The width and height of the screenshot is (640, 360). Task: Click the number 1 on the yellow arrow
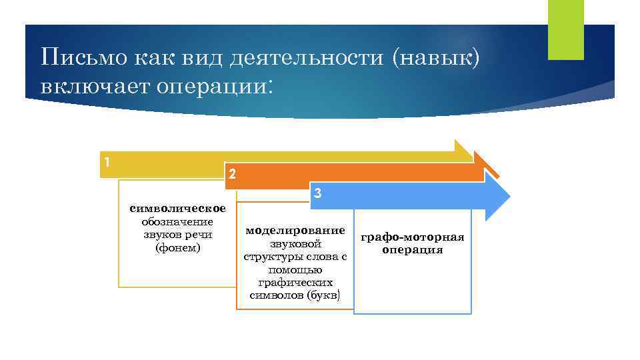pyautogui.click(x=107, y=161)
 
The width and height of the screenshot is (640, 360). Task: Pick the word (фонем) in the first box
pyautogui.click(x=177, y=247)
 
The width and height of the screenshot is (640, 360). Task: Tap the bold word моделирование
pyautogui.click(x=295, y=230)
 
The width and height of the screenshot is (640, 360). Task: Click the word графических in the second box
pyautogui.click(x=295, y=283)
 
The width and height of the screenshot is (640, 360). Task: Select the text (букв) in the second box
pyautogui.click(x=325, y=295)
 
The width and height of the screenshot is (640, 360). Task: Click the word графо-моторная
pyautogui.click(x=412, y=237)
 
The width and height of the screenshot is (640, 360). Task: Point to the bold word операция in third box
pyautogui.click(x=412, y=250)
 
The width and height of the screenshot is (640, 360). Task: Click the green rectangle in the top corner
pyautogui.click(x=565, y=29)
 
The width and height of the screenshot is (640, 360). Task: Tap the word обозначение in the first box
pyautogui.click(x=177, y=222)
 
